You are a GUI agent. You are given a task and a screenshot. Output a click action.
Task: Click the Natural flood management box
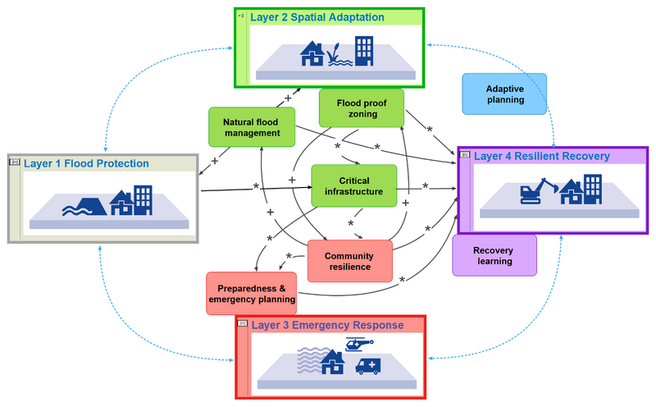pos(252,128)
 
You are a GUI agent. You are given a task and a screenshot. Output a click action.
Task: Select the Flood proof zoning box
pos(361,108)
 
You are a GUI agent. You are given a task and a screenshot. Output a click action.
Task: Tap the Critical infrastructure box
pos(353,185)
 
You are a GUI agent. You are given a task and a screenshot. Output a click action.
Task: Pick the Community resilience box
pos(348,261)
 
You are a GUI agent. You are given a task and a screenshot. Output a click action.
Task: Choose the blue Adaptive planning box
pos(504,94)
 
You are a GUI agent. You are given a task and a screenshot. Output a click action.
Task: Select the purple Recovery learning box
pos(494,255)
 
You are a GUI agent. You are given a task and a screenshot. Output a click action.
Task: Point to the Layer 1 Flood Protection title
pos(86,163)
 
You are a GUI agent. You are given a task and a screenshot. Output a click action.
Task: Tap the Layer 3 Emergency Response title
pos(327,325)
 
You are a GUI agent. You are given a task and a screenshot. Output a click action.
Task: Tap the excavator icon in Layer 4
pos(538,192)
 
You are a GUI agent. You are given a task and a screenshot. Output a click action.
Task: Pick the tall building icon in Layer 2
pos(362,50)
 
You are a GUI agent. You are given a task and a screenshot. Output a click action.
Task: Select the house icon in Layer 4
pos(572,197)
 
